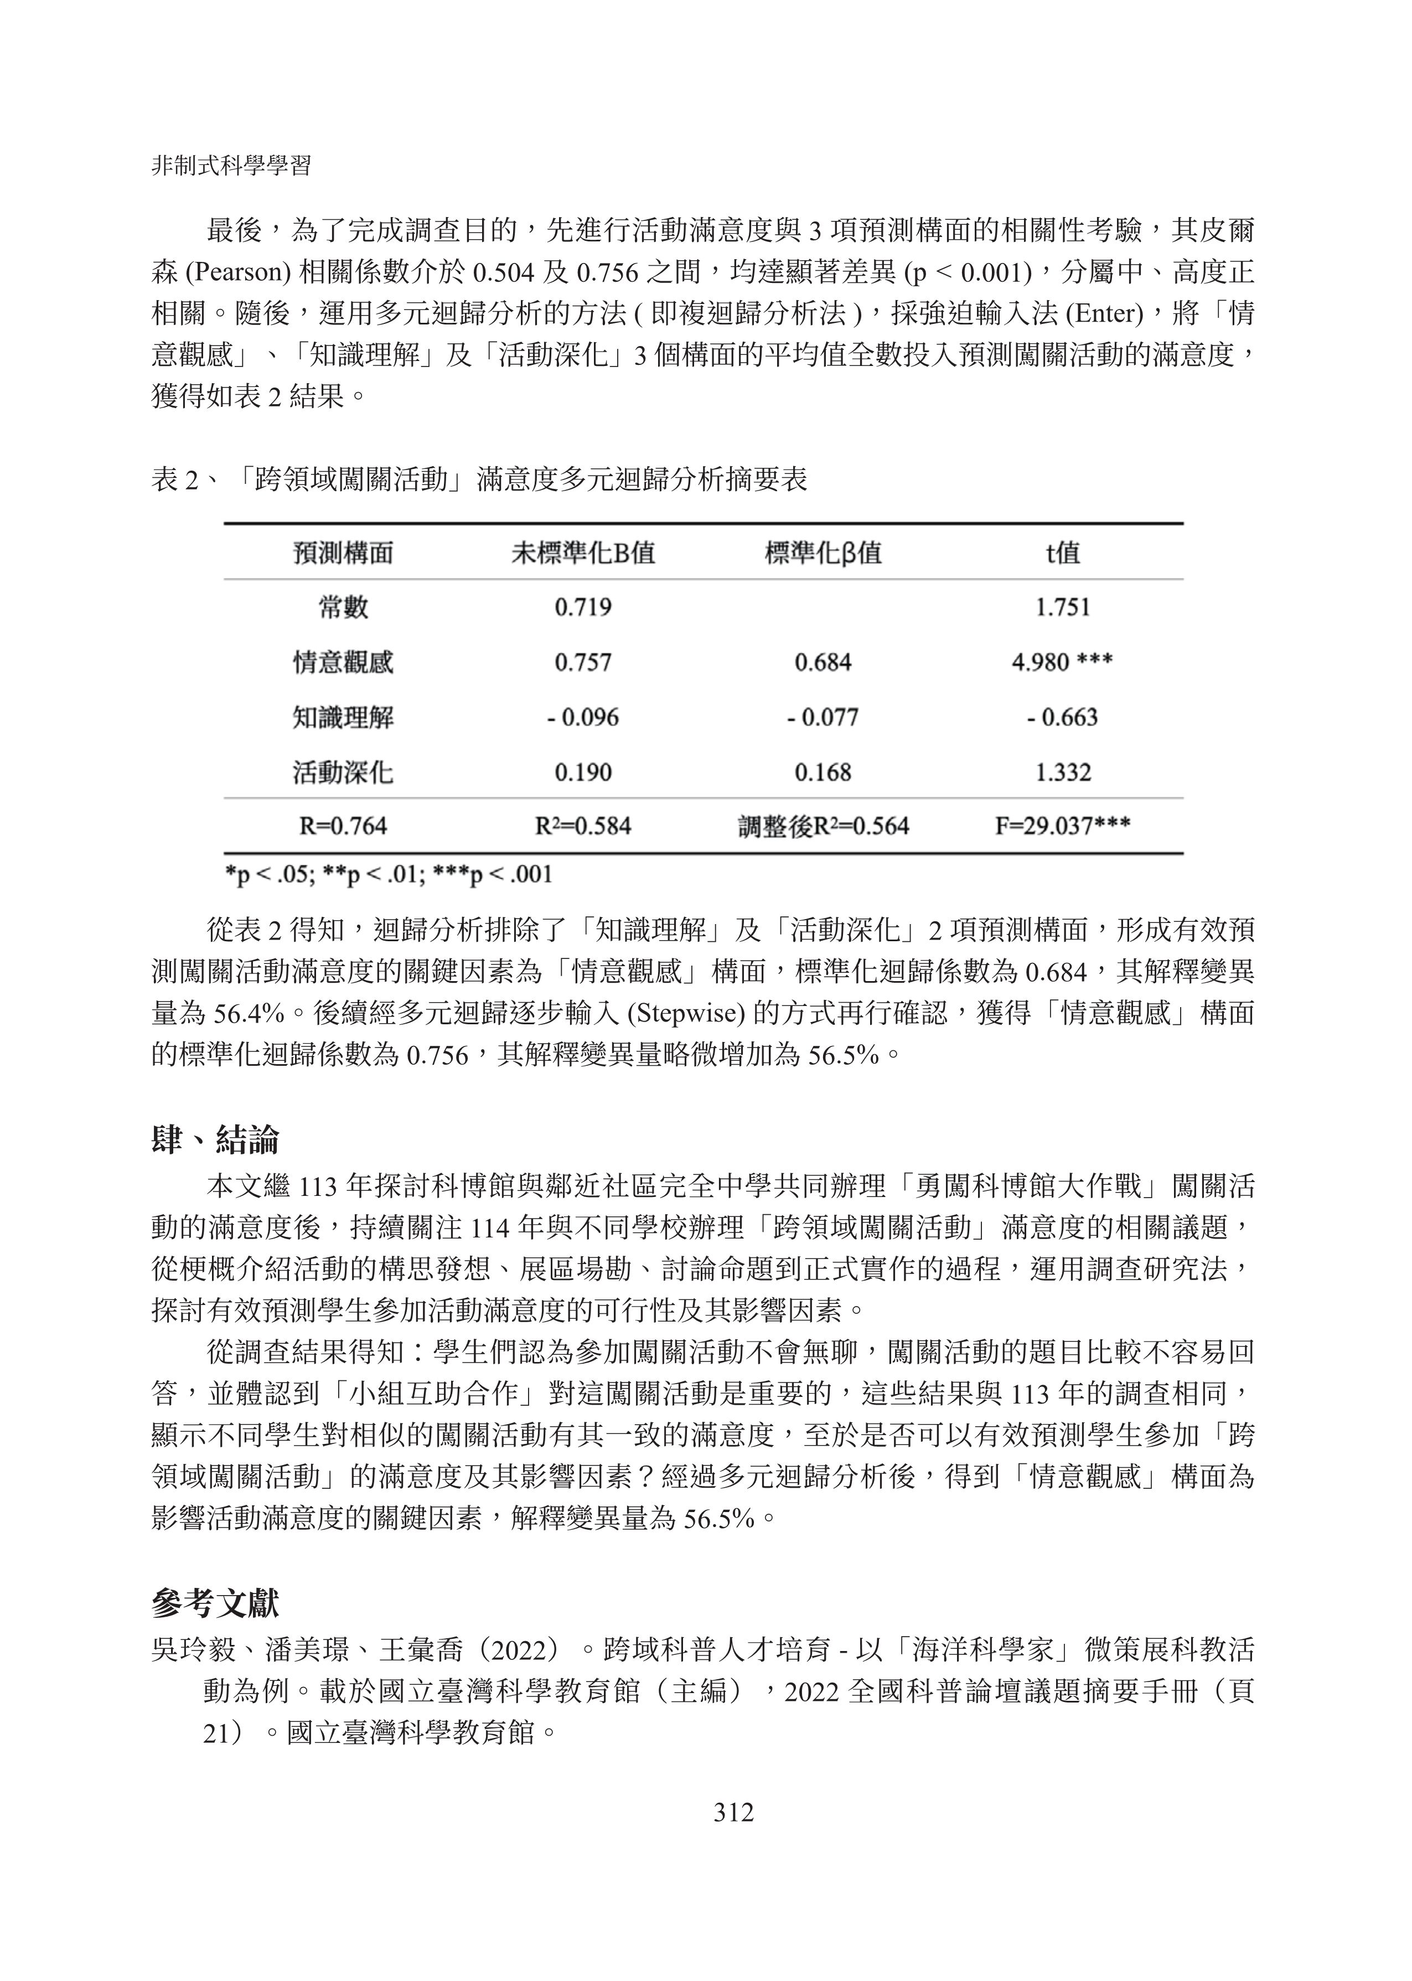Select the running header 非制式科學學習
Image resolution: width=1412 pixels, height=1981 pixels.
pos(231,166)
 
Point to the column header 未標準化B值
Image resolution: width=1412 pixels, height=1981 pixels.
pos(582,553)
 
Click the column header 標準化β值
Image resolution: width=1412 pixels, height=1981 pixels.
pos(823,553)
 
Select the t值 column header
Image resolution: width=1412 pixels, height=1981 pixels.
pos(1063,553)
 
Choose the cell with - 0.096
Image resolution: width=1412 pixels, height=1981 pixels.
pos(582,718)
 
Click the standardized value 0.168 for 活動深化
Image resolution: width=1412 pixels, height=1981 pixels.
pos(823,772)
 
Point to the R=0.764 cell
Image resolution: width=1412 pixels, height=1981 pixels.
pos(343,826)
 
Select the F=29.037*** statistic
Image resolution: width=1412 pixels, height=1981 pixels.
pos(1063,826)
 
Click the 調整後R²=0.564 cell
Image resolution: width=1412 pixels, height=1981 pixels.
pos(823,826)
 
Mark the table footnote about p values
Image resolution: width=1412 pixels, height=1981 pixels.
pos(389,874)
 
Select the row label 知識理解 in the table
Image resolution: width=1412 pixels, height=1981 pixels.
pos(343,718)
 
